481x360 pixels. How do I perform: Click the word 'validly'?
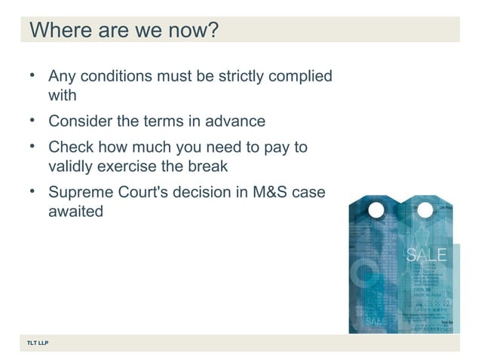coord(72,166)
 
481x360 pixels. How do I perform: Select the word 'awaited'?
coord(75,212)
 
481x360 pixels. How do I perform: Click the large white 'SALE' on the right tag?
coord(426,254)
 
